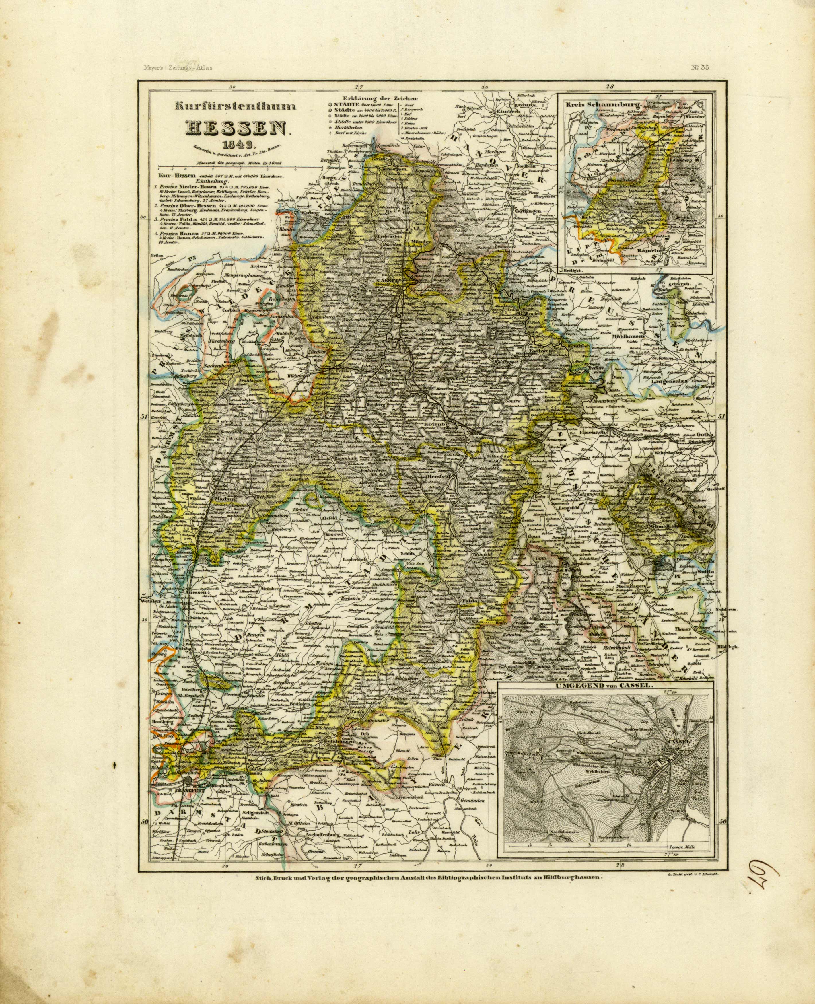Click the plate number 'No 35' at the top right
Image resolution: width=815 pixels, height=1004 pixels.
pos(699,67)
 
